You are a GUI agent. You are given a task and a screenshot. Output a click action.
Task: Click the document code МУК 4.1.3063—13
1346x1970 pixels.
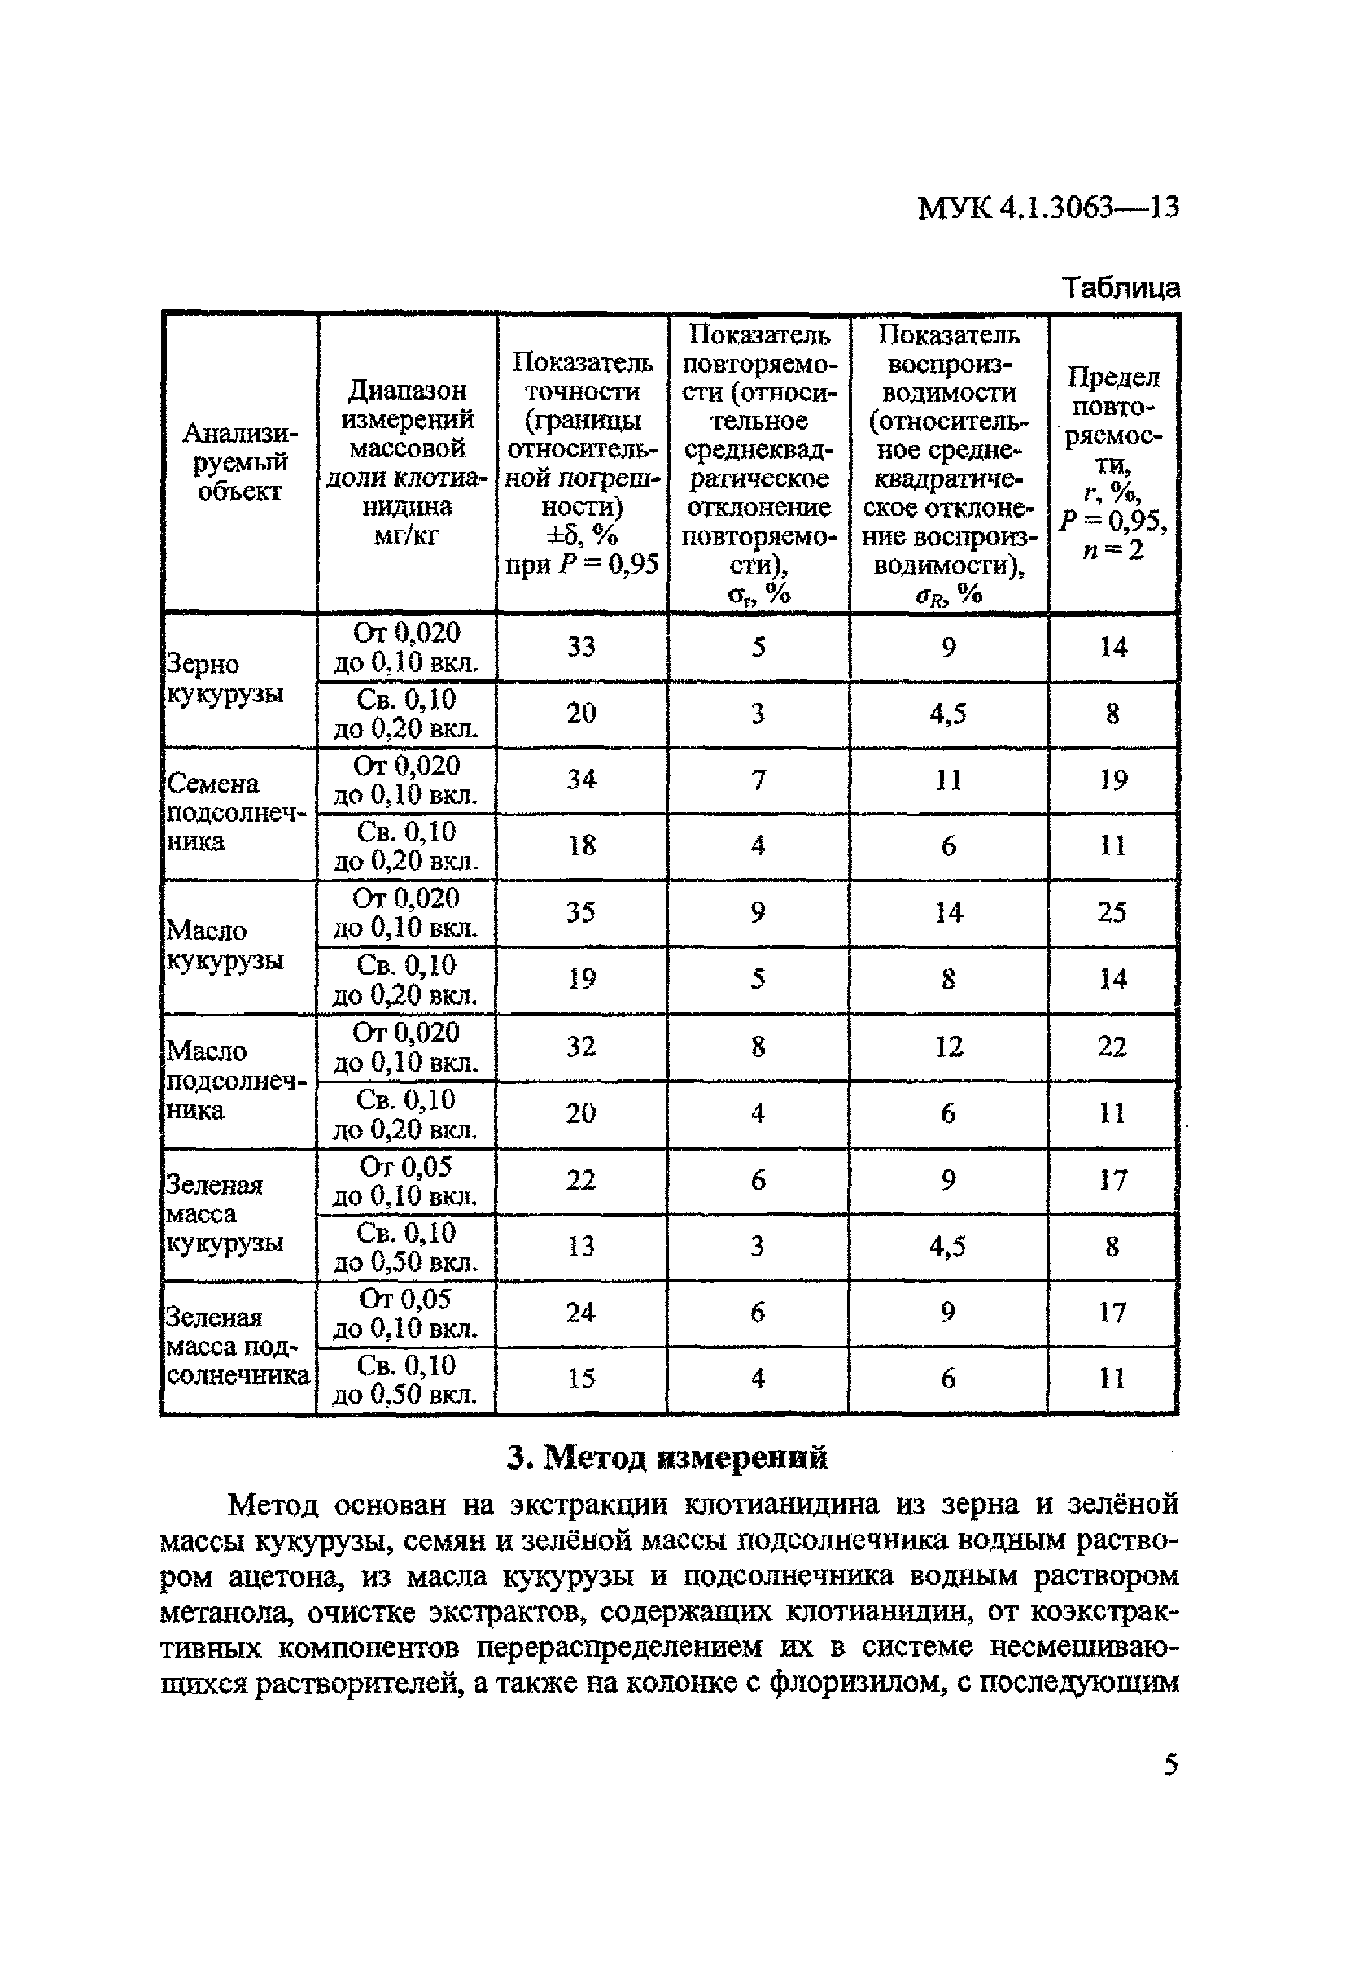(x=1047, y=207)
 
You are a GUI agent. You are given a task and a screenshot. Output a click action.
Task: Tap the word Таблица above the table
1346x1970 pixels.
(x=1121, y=287)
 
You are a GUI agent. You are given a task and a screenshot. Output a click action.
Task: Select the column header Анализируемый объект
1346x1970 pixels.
(x=239, y=463)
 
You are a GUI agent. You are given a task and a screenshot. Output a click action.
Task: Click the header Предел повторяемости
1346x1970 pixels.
(x=1113, y=463)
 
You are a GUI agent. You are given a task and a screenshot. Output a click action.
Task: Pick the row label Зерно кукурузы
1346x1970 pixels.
(x=224, y=678)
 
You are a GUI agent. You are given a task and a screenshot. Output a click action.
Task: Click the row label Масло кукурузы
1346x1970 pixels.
(x=224, y=946)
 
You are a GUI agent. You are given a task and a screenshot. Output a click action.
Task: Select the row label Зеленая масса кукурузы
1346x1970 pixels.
(x=224, y=1213)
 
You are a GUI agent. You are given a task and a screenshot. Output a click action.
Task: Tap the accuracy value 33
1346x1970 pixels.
(x=582, y=648)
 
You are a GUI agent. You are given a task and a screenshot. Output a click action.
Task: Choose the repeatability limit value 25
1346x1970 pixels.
(x=1112, y=912)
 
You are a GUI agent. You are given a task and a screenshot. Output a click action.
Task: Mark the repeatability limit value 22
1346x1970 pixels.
(x=1112, y=1046)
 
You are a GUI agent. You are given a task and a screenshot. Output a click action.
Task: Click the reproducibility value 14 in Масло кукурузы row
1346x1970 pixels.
(x=949, y=912)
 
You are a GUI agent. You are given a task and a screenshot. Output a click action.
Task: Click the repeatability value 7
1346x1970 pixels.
(x=758, y=779)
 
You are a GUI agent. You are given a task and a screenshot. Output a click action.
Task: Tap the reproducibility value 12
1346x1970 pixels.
(x=949, y=1046)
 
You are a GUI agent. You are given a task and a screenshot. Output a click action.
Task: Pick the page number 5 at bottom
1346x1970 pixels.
(x=1170, y=1765)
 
